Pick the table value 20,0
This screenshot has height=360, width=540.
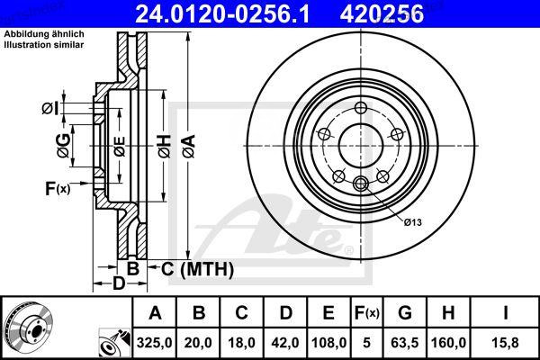pyautogui.click(x=199, y=342)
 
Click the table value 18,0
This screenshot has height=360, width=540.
pyautogui.click(x=242, y=342)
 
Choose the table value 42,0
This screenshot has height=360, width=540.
pyautogui.click(x=285, y=342)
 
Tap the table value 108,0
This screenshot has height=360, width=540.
pyautogui.click(x=329, y=342)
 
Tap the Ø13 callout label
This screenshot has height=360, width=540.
pyautogui.click(x=413, y=221)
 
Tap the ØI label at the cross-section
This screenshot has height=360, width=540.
pyautogui.click(x=49, y=109)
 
